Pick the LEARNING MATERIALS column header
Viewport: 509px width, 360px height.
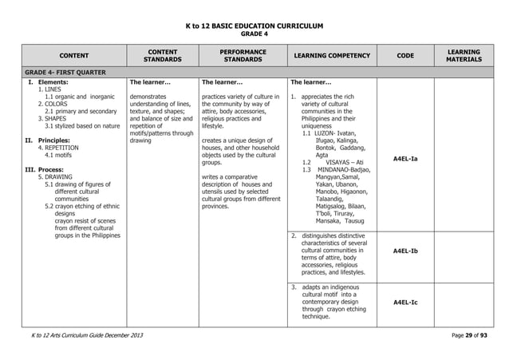tap(464, 54)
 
